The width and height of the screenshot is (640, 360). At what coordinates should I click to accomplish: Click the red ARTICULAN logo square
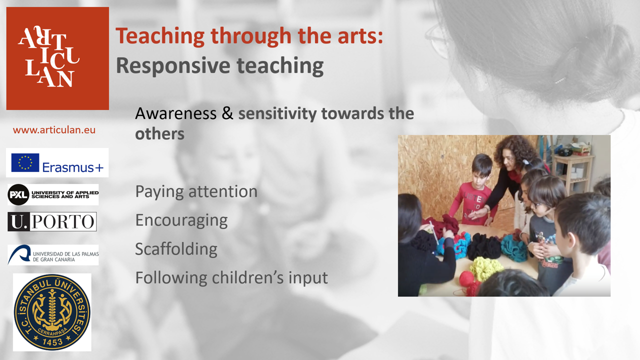point(57,58)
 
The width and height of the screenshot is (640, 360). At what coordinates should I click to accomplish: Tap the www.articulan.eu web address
point(54,130)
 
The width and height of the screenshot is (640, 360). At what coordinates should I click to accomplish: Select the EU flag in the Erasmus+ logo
point(25,162)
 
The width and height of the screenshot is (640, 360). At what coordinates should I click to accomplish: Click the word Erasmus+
point(73,167)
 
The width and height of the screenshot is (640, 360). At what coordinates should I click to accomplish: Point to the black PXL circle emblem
point(18,194)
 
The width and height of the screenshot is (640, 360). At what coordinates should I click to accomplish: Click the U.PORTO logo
point(52,221)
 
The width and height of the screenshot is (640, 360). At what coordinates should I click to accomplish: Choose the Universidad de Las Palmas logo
point(53,255)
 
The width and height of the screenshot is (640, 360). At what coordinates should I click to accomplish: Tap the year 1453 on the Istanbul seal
point(52,341)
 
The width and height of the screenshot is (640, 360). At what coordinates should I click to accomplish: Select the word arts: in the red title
point(360,36)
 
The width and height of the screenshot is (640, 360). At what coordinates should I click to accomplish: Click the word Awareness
point(175,113)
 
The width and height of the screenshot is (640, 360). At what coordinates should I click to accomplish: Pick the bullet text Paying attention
point(196,192)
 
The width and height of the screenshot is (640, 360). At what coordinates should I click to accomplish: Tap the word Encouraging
point(181,221)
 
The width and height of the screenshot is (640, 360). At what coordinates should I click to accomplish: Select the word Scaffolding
point(176,249)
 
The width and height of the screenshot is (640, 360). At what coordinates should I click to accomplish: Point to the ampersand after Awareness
point(227,113)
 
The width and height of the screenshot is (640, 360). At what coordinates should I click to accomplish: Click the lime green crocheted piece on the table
point(485,268)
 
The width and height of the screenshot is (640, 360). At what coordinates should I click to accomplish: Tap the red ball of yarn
point(467,278)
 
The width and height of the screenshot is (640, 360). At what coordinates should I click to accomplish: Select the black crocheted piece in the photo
point(484,246)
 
